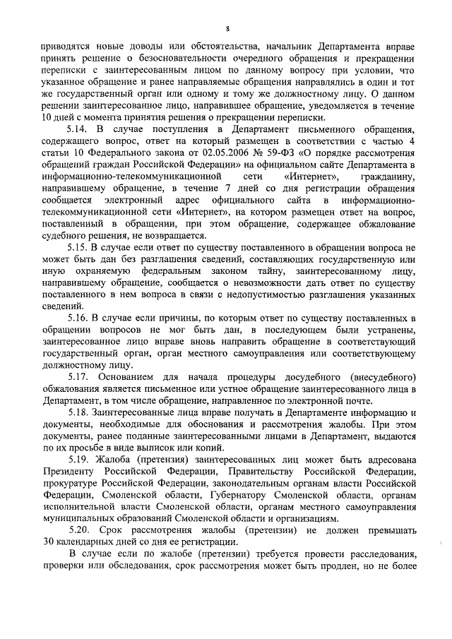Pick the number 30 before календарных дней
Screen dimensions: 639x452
(x=47, y=541)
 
